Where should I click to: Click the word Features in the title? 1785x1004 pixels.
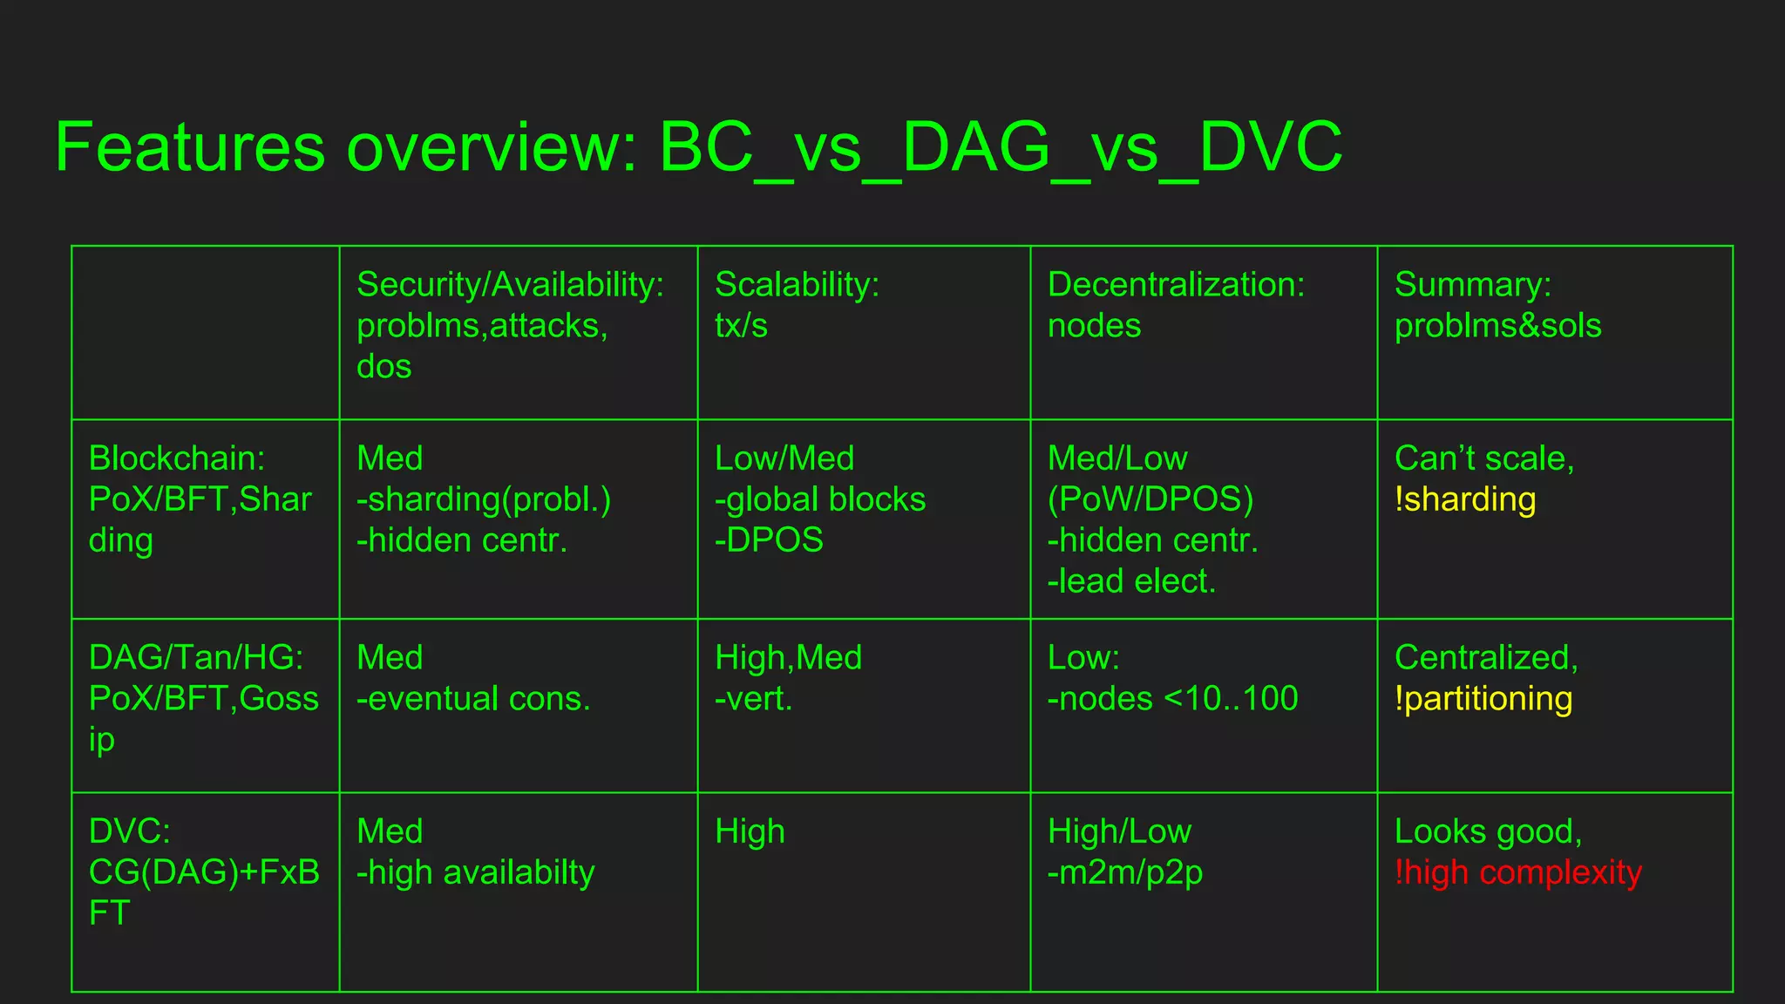pyautogui.click(x=190, y=147)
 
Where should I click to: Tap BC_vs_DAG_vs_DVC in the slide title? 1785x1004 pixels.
pyautogui.click(x=1001, y=147)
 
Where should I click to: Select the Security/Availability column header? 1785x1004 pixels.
pyautogui.click(x=510, y=285)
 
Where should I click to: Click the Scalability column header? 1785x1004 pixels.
pyautogui.click(x=797, y=285)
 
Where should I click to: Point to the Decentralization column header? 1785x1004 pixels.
pyautogui.click(x=1176, y=285)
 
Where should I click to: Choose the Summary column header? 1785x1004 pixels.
pyautogui.click(x=1472, y=285)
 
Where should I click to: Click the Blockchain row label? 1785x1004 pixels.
pyautogui.click(x=177, y=458)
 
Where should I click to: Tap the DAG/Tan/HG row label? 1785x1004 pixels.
pyautogui.click(x=196, y=658)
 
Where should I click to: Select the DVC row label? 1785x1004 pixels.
pyautogui.click(x=130, y=831)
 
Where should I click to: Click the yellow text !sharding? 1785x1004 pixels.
pyautogui.click(x=1465, y=499)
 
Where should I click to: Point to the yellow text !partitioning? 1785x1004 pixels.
pyautogui.click(x=1483, y=699)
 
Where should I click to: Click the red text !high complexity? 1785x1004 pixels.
pyautogui.click(x=1517, y=872)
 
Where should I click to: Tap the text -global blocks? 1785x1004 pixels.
pyautogui.click(x=820, y=499)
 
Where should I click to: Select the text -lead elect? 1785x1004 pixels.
pyautogui.click(x=1131, y=581)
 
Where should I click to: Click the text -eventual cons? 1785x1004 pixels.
pyautogui.click(x=473, y=699)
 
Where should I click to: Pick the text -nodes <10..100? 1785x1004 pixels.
pyautogui.click(x=1172, y=699)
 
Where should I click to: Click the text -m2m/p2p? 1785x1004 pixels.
pyautogui.click(x=1124, y=872)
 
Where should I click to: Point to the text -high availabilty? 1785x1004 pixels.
pyautogui.click(x=475, y=872)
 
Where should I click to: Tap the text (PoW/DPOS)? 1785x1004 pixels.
pyautogui.click(x=1150, y=499)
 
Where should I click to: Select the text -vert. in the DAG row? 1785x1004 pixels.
pyautogui.click(x=753, y=699)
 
